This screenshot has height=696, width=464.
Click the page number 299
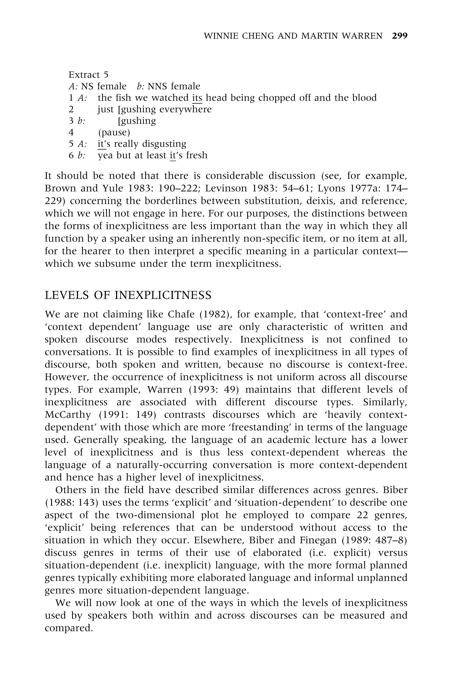pos(399,36)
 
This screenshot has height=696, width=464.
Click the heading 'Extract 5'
pos(89,75)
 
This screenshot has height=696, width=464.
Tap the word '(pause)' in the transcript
pos(114,132)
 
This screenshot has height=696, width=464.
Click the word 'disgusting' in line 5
pos(164,144)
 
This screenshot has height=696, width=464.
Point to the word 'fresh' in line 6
pos(197,155)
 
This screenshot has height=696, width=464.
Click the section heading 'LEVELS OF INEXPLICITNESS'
pos(128,295)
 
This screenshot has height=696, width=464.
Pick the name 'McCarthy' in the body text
pos(68,415)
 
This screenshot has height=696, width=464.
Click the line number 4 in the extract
pos(71,132)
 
